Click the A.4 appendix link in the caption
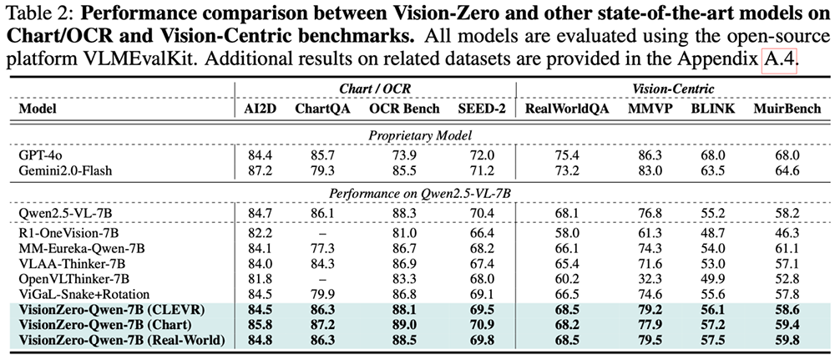coord(778,65)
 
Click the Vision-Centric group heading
coord(676,90)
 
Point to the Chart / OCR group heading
coord(375,90)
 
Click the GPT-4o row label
coord(36,155)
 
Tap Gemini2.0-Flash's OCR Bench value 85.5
coord(406,170)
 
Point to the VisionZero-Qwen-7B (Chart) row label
coord(104,324)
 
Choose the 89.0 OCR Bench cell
coord(406,324)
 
